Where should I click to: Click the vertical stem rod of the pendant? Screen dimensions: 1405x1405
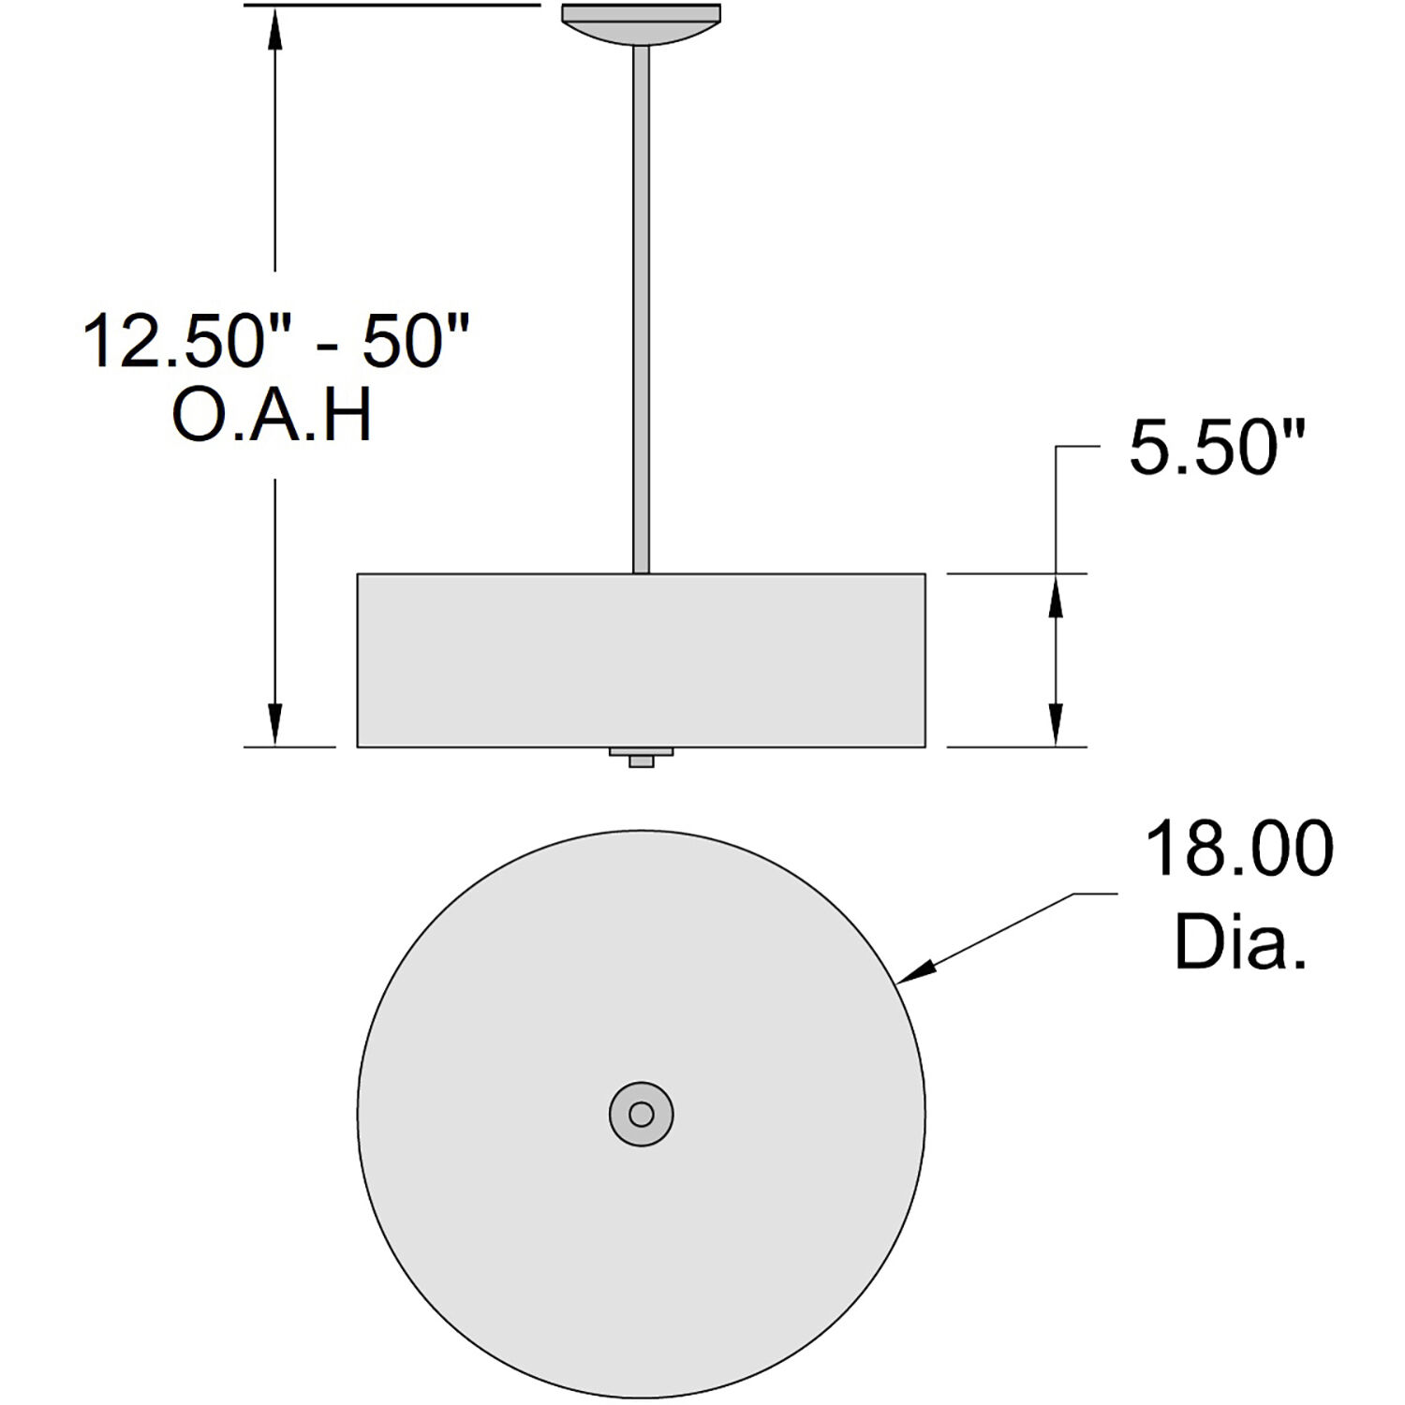[642, 309]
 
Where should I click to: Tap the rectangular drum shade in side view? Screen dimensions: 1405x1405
[642, 660]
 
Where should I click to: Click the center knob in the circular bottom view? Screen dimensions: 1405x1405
[642, 1114]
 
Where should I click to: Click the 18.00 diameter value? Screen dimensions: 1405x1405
[1239, 849]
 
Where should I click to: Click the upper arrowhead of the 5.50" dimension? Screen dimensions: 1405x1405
[1056, 596]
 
